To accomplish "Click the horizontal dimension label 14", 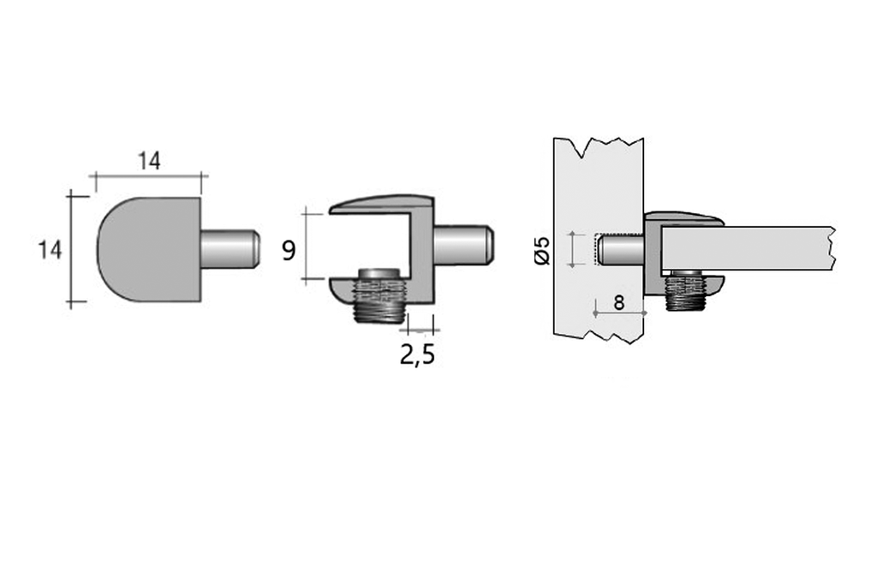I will [149, 160].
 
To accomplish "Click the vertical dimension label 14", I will [50, 250].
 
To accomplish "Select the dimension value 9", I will [289, 251].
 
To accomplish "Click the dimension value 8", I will [619, 302].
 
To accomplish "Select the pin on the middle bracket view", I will [462, 244].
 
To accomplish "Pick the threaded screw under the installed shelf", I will [684, 291].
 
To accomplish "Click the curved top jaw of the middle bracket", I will [382, 204].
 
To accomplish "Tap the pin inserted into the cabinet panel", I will [620, 249].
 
